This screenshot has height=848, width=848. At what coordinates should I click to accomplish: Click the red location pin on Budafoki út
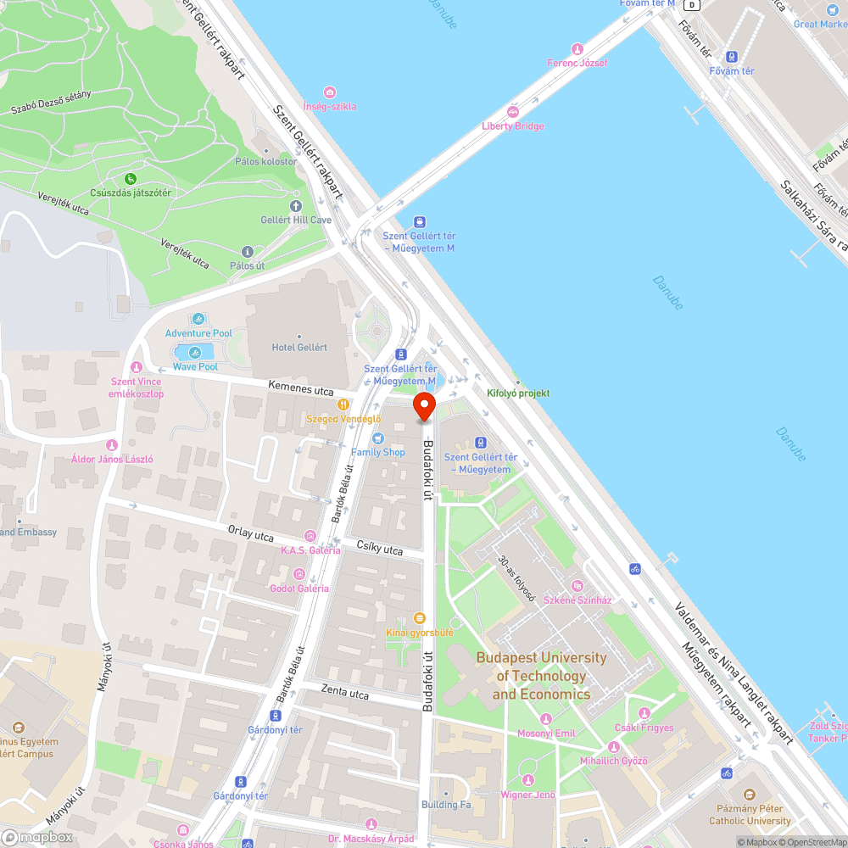[x=424, y=406]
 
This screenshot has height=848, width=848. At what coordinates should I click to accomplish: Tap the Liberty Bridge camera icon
[x=512, y=111]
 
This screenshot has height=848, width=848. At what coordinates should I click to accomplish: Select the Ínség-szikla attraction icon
[x=330, y=92]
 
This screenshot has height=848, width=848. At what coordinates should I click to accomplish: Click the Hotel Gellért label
[x=298, y=347]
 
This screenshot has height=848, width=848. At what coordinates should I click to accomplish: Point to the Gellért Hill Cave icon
[x=295, y=206]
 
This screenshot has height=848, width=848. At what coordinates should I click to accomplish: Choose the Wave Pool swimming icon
[x=195, y=352]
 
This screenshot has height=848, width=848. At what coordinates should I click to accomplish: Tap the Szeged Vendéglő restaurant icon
[x=343, y=404]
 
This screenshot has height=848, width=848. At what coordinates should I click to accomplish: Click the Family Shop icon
[x=378, y=438]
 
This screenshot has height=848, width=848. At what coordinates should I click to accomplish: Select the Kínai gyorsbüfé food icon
[x=418, y=618]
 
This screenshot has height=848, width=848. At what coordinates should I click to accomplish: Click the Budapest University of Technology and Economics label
[x=541, y=676]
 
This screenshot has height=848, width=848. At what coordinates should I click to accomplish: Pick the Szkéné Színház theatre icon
[x=577, y=585]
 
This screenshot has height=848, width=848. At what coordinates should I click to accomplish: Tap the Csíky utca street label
[x=379, y=550]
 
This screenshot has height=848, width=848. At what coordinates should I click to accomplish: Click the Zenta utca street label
[x=345, y=693]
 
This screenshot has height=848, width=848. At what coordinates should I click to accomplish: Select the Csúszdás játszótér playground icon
[x=131, y=178]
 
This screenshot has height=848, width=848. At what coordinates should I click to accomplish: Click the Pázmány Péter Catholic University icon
[x=749, y=795]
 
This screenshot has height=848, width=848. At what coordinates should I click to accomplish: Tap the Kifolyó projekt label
[x=518, y=393]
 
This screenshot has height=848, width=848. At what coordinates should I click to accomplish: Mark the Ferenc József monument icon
[x=577, y=48]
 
